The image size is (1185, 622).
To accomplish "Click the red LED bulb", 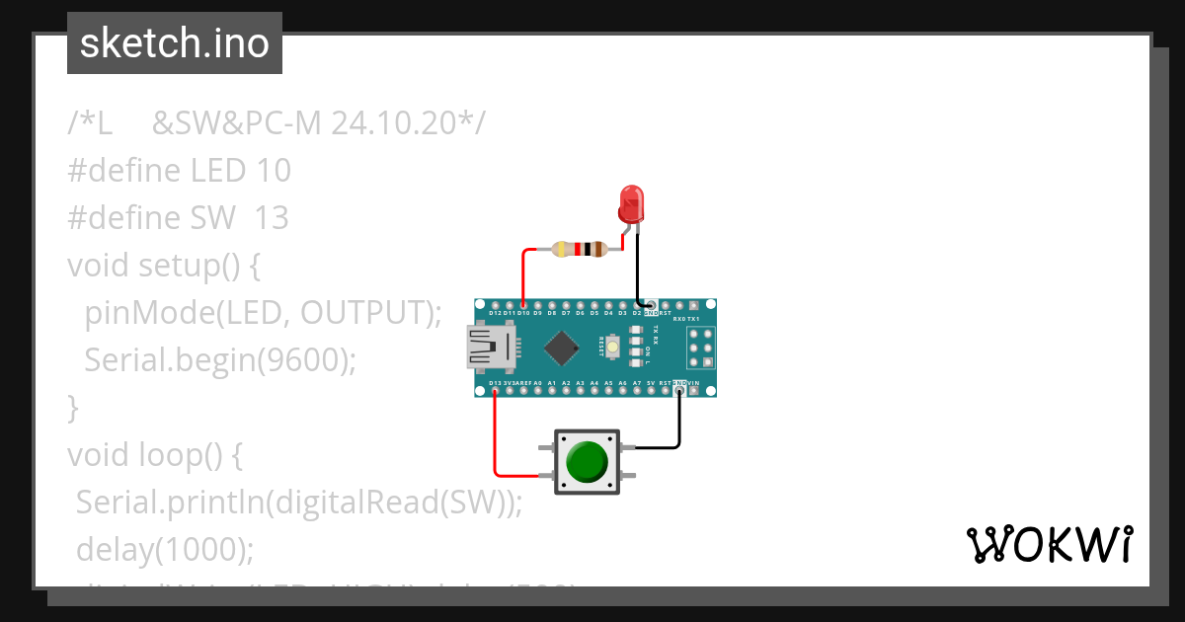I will pyautogui.click(x=629, y=204).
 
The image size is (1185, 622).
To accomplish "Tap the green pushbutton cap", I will pyautogui.click(x=587, y=461).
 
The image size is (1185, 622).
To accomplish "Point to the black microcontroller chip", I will pyautogui.click(x=561, y=347).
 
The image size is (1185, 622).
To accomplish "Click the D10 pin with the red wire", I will pyautogui.click(x=523, y=305).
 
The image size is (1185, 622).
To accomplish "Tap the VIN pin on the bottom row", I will pyautogui.click(x=693, y=391).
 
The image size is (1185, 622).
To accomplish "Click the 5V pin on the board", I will pyautogui.click(x=651, y=391).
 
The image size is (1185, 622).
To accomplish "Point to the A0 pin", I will pyautogui.click(x=537, y=391).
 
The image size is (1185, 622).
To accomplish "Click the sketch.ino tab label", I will pyautogui.click(x=175, y=43).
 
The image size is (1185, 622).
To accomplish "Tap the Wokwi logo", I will pyautogui.click(x=1049, y=544).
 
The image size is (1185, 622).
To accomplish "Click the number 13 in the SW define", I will pyautogui.click(x=271, y=218).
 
